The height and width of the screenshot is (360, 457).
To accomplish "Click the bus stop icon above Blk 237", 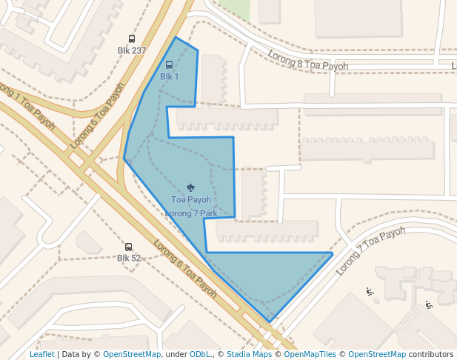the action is [x=132, y=39].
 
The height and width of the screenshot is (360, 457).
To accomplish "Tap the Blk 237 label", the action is [x=132, y=50].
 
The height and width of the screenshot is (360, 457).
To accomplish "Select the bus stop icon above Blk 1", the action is [x=170, y=65].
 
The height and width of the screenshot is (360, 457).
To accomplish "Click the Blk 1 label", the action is [x=170, y=76].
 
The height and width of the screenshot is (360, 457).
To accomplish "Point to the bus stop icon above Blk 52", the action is [x=128, y=247].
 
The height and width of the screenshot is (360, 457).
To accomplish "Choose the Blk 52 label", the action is [x=128, y=258].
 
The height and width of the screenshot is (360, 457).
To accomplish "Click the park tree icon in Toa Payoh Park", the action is [x=191, y=188].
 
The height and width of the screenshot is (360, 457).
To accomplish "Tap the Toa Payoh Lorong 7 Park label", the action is [x=191, y=206].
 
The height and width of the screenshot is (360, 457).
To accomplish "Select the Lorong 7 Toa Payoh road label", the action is [x=371, y=250].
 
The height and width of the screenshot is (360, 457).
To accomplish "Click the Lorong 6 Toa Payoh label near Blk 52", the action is [x=184, y=268].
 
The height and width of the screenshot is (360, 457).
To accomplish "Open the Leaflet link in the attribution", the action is [x=41, y=354].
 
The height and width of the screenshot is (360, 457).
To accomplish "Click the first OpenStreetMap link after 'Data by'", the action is [x=131, y=354].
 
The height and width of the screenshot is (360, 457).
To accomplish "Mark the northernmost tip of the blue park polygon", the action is [x=176, y=37].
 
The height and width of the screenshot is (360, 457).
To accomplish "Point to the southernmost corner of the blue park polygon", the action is [x=270, y=321].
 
